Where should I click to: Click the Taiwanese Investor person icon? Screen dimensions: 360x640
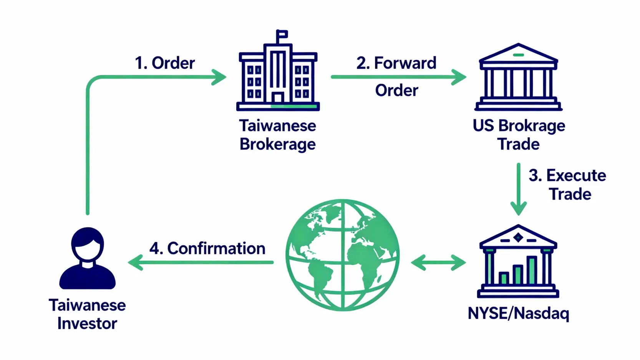tap(88, 258)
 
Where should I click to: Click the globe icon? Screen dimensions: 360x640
tap(343, 255)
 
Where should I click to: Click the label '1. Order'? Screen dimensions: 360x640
tap(165, 63)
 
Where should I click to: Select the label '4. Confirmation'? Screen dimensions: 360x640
tap(207, 249)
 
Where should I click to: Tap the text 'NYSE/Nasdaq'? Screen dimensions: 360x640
tap(518, 314)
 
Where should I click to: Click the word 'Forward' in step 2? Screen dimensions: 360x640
tap(405, 63)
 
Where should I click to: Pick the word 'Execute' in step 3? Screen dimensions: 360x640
tap(576, 176)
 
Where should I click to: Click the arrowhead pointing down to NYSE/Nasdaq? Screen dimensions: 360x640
tap(518, 209)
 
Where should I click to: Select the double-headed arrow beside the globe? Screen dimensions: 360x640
tap(438, 263)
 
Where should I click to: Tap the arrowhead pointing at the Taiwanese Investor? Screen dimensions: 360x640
tap(134, 263)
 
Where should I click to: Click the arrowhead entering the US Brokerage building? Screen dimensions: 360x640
tap(459, 77)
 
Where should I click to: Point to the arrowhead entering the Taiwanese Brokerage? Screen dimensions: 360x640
tap(220, 77)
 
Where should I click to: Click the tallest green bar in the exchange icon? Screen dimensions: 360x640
tap(532, 270)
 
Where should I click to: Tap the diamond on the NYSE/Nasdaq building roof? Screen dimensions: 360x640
tap(518, 238)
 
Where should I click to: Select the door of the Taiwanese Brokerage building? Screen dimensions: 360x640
tap(278, 98)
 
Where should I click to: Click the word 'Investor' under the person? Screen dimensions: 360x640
tap(87, 324)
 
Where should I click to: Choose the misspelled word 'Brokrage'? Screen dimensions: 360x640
tap(532, 126)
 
